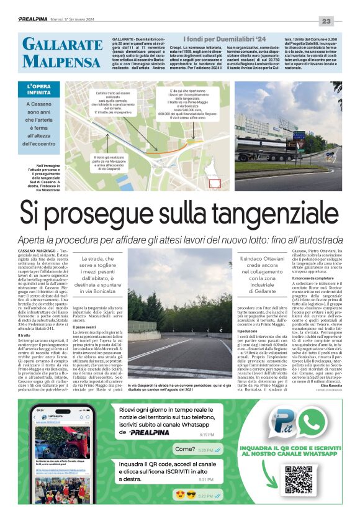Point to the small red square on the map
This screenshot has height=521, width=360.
click(214, 183)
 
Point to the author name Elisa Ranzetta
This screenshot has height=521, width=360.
click(328, 386)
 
